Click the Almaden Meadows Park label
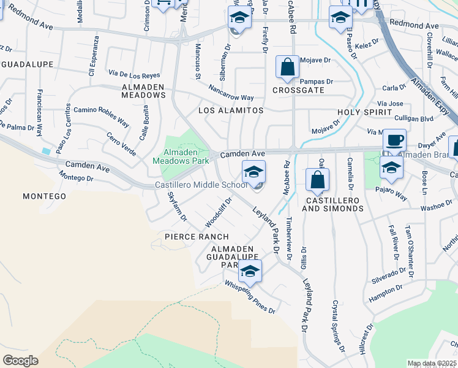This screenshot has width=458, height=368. (186, 157)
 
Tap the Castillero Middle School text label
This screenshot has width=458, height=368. (200, 185)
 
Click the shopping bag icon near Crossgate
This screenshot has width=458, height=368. (287, 67)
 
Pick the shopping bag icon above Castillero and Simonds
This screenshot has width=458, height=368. (317, 180)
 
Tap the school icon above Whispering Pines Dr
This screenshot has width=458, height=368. (250, 271)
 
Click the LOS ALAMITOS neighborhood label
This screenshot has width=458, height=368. (231, 110)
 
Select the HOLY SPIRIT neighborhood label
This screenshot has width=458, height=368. (364, 113)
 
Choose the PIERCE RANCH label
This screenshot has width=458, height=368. (197, 237)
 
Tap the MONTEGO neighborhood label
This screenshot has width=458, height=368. (44, 196)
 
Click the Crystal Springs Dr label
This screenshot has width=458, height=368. (338, 326)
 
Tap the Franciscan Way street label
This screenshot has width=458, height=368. (39, 112)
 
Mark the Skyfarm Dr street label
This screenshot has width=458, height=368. (177, 207)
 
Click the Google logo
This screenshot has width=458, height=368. (20, 361)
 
